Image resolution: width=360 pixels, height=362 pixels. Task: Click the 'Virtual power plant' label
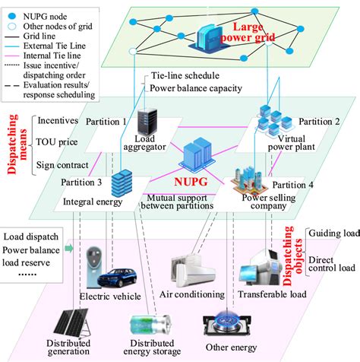coord(270,144)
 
